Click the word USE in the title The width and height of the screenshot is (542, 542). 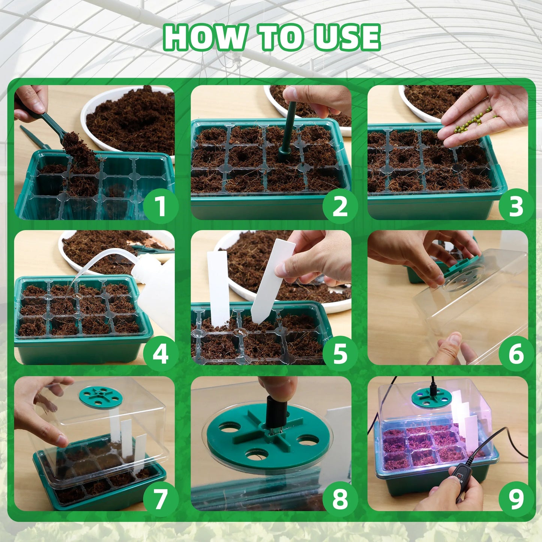(x=347, y=37)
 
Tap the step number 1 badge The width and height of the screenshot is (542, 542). (x=160, y=206)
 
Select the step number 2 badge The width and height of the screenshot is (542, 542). (x=340, y=206)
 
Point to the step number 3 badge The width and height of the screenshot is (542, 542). (x=516, y=206)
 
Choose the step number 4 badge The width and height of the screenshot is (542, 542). (x=160, y=354)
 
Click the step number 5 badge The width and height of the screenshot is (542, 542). (x=340, y=354)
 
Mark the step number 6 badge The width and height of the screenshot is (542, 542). (x=516, y=354)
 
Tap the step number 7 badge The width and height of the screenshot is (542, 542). (x=160, y=499)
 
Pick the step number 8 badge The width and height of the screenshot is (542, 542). (x=340, y=499)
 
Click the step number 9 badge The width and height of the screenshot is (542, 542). (x=516, y=499)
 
